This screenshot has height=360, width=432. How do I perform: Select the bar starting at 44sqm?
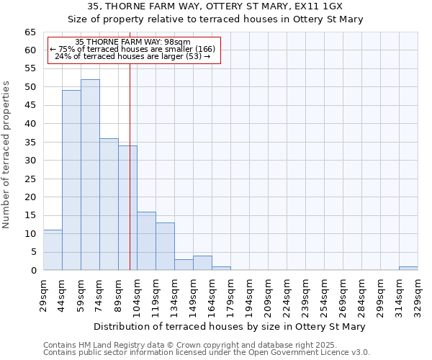(x=71, y=180)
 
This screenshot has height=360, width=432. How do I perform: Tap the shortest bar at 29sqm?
(x=53, y=250)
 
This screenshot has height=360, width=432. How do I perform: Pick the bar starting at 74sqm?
(x=109, y=204)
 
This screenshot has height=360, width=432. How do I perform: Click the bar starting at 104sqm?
(x=146, y=241)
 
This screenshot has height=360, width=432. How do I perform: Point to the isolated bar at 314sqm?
(x=408, y=269)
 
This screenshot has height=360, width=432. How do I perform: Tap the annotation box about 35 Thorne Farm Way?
(x=133, y=49)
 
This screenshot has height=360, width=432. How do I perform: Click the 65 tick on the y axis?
(x=30, y=32)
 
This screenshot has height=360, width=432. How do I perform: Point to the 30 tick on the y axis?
(x=30, y=161)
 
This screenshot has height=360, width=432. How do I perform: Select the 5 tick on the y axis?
(x=33, y=252)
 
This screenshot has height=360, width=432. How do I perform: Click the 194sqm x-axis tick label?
(x=249, y=292)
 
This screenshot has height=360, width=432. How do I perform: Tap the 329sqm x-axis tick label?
(x=418, y=292)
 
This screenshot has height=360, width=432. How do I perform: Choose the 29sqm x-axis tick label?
(x=43, y=292)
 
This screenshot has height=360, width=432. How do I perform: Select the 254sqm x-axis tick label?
(x=324, y=292)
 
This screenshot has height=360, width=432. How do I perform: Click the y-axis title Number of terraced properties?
(x=7, y=155)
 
